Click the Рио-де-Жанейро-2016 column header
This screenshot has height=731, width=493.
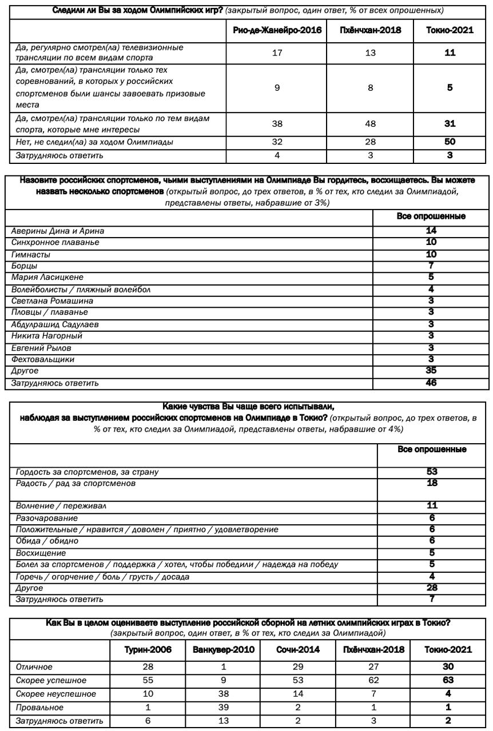pos(277,30)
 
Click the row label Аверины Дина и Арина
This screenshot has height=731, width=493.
pos(58,231)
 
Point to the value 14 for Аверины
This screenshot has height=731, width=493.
pos(431,231)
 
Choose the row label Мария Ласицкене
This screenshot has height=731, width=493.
pos(47,278)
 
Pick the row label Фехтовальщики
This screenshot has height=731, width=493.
pos(43,360)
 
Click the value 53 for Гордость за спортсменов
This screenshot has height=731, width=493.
pos(432,472)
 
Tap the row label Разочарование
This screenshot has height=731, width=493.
pos(47,518)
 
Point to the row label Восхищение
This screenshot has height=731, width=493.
pos(41,553)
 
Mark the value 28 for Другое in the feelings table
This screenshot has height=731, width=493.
pos(432,588)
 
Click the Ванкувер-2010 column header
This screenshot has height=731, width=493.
pos(223,650)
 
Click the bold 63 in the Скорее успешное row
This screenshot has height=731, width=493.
pos(448,680)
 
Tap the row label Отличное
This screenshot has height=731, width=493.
pos(34,666)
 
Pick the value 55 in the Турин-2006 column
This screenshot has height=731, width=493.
pos(147,680)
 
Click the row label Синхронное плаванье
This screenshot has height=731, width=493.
pos(55,243)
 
